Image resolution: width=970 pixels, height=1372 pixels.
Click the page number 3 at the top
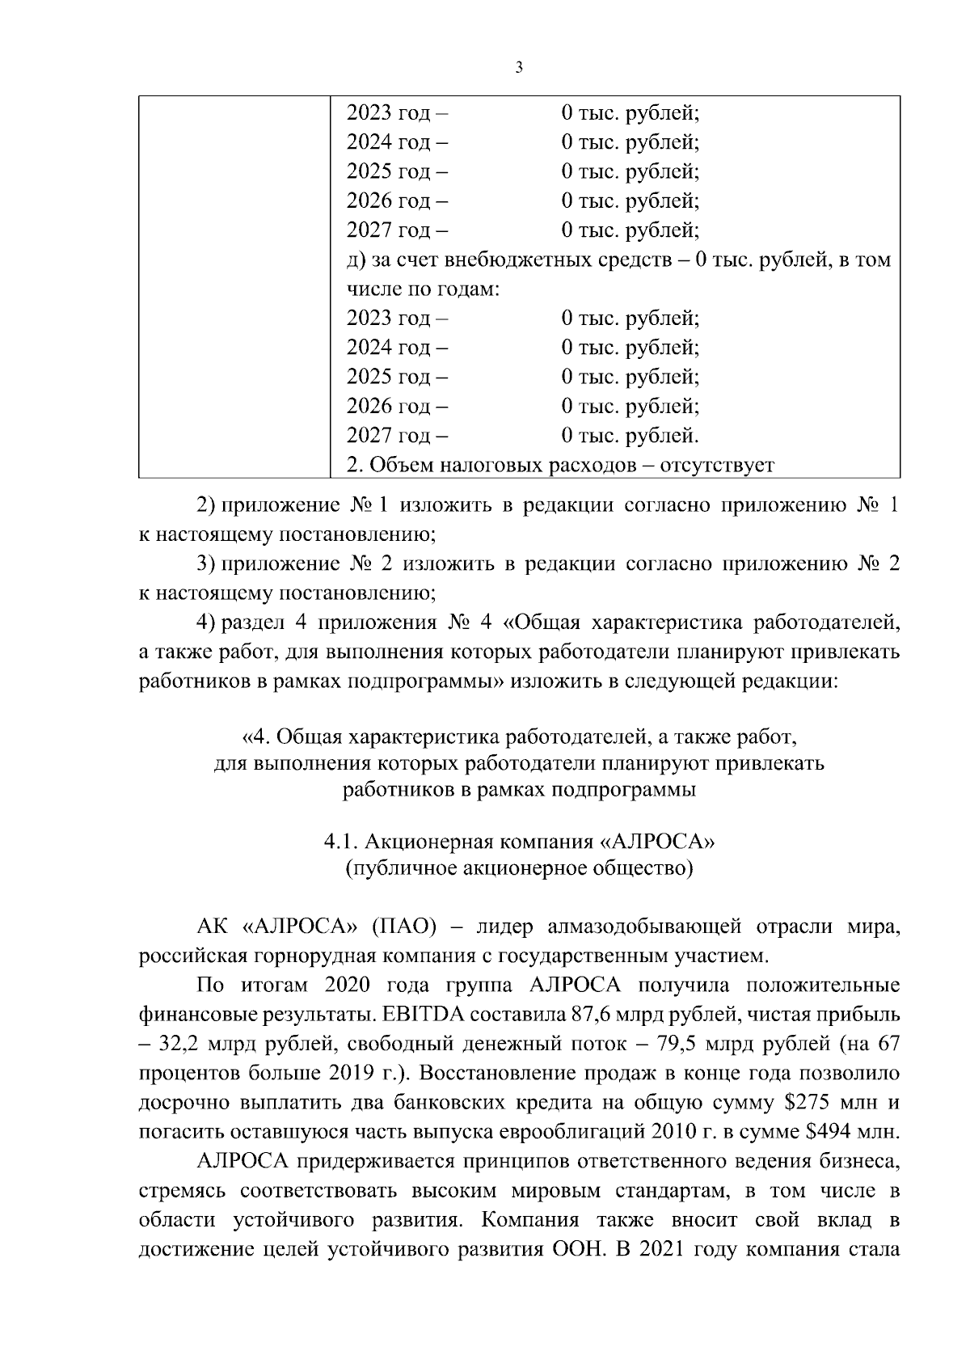[x=518, y=67]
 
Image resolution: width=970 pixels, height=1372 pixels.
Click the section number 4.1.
[x=340, y=842]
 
